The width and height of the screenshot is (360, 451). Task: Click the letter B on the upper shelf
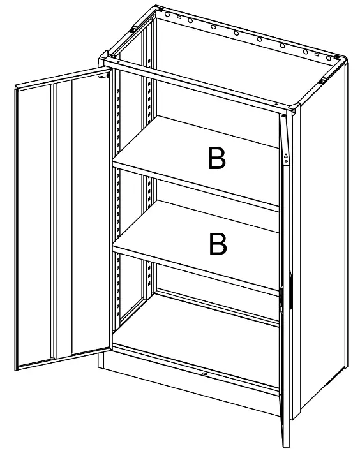[217, 159]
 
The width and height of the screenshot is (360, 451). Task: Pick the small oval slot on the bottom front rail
[204, 374]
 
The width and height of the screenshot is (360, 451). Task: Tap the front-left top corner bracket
[106, 63]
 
